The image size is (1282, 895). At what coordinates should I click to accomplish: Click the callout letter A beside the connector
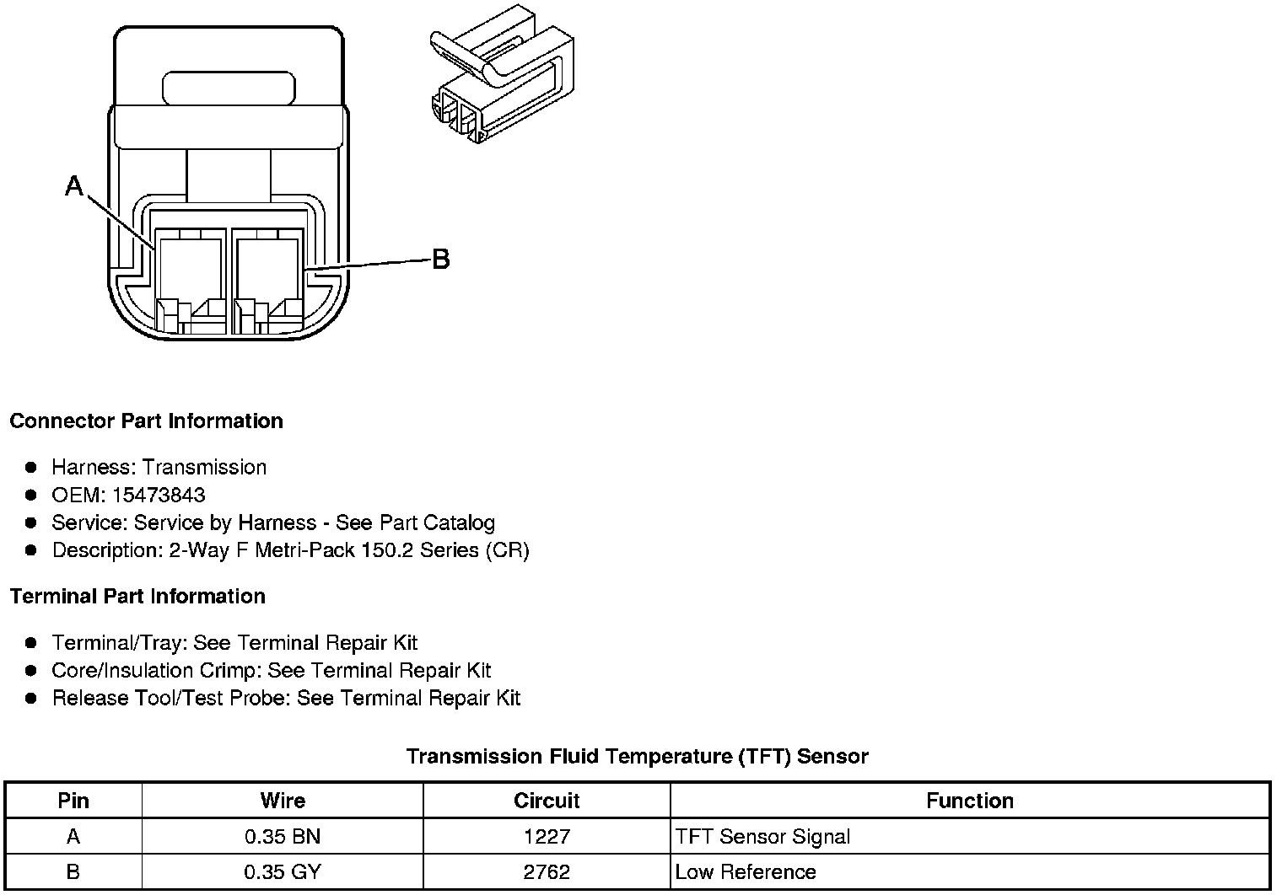[74, 185]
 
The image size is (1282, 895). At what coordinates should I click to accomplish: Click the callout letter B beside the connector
[440, 260]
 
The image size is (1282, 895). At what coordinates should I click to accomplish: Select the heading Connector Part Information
[146, 421]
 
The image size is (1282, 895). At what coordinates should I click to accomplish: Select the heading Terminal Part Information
[137, 596]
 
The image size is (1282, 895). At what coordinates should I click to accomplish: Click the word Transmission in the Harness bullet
[205, 467]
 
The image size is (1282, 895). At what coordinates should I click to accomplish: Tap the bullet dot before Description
[31, 550]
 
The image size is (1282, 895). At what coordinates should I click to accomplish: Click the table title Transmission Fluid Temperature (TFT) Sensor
[637, 756]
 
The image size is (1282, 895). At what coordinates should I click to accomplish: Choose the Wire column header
[283, 801]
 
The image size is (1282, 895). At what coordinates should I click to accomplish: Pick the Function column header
[970, 801]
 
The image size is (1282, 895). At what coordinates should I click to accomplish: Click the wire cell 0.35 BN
[283, 837]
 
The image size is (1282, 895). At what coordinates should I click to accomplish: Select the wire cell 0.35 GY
[283, 871]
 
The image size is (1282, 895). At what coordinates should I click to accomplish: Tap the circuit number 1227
[547, 837]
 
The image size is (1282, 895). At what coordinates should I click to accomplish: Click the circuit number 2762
[547, 871]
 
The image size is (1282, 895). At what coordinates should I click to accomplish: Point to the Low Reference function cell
[746, 871]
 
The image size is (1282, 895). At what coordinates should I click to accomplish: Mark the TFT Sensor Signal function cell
[762, 837]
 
